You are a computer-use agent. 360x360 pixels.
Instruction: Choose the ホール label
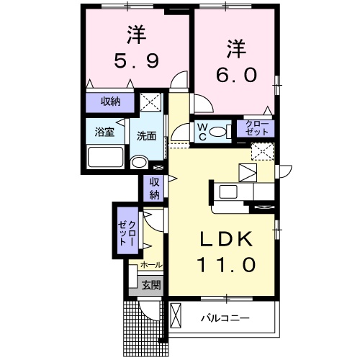pos(150,265)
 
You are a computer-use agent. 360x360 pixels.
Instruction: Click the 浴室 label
pos(104,132)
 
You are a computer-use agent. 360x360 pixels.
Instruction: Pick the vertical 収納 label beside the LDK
pos(154,188)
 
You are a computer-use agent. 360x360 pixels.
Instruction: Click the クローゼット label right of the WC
pos(255,129)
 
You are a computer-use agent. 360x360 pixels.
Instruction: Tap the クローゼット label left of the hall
pos(127,232)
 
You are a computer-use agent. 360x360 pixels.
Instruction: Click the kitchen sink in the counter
pos(229,191)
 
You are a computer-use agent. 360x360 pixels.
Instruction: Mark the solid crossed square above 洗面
pos(151,102)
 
